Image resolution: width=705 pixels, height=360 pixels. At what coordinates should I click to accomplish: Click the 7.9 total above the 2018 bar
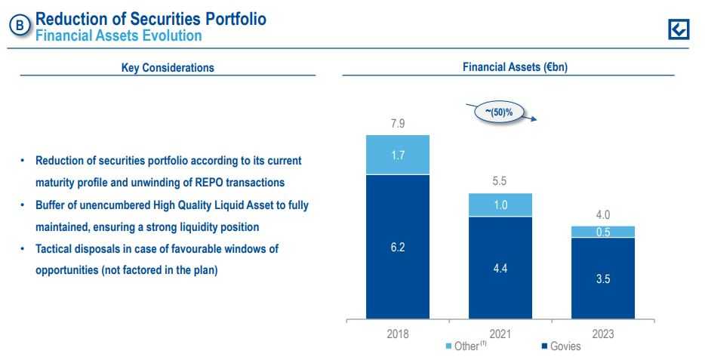397,124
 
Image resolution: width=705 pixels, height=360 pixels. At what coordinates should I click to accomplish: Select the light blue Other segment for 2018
398,155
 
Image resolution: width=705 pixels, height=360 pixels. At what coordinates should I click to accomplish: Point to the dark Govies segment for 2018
398,247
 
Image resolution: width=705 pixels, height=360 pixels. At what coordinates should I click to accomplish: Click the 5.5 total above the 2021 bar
500,182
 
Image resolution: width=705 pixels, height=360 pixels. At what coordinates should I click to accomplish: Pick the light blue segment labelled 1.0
500,205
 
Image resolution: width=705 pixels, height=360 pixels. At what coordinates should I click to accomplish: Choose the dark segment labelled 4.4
500,268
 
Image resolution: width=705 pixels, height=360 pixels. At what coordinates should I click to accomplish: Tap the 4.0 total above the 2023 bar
602,215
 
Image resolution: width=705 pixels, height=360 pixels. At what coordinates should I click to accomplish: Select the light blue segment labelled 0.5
602,232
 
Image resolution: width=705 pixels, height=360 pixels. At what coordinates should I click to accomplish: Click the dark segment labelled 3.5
602,278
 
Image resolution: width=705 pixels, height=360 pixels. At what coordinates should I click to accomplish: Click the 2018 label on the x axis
397,333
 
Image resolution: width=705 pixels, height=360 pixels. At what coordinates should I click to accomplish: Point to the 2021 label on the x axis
500,333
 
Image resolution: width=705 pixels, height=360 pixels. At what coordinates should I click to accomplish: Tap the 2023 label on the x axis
602,333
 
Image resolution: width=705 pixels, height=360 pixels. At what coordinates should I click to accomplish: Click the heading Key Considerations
168,68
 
